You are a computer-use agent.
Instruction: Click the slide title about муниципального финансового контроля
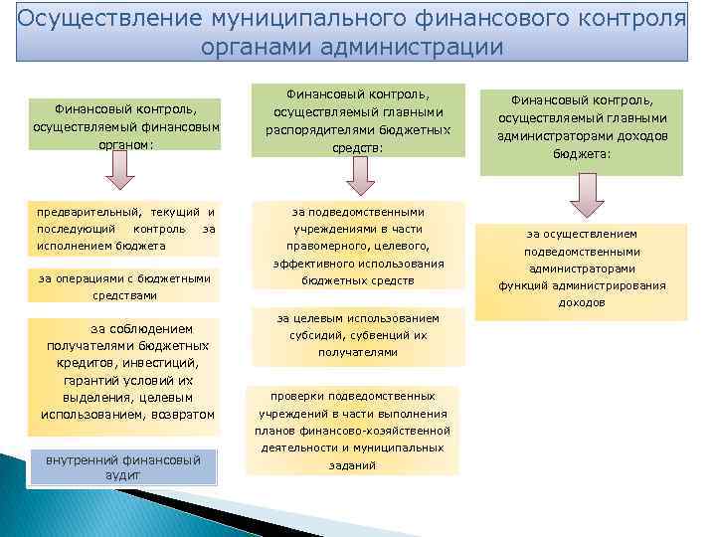(x=352, y=32)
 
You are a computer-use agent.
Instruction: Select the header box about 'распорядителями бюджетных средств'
(x=358, y=119)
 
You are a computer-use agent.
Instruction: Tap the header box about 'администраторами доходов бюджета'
(x=583, y=127)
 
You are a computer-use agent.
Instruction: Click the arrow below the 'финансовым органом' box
(x=121, y=172)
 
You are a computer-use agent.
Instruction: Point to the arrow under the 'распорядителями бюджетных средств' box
(x=360, y=176)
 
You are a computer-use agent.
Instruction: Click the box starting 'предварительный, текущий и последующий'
(x=125, y=228)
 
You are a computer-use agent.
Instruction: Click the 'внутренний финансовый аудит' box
(x=123, y=467)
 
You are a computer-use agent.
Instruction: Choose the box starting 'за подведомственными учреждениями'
(x=358, y=246)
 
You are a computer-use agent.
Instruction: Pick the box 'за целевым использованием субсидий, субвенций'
(x=358, y=335)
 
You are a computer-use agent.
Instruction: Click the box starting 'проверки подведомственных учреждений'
(x=352, y=430)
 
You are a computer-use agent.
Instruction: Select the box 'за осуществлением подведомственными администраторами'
(x=582, y=268)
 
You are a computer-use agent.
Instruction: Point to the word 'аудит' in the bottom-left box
(x=122, y=475)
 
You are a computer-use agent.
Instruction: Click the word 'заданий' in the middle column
(x=352, y=464)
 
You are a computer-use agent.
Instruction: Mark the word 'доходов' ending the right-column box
(x=582, y=301)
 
